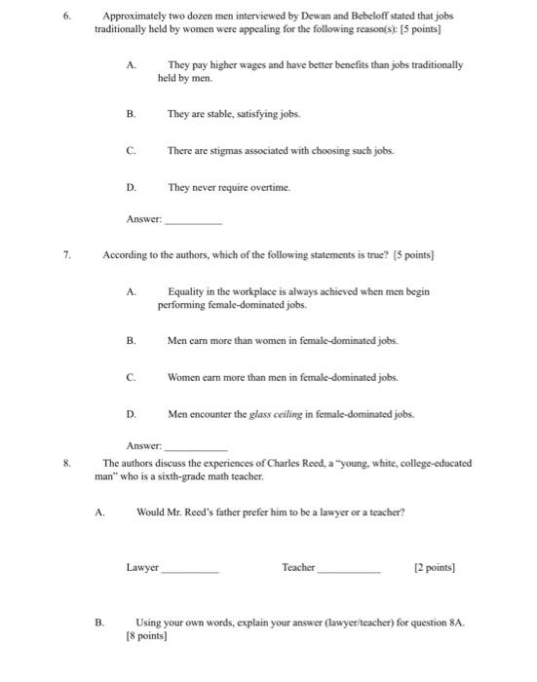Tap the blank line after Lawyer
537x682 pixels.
tap(191, 567)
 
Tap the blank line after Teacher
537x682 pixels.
tap(348, 567)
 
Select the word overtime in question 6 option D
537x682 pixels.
tap(241, 185)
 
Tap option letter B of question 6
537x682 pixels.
tap(132, 113)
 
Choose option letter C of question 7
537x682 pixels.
tap(131, 377)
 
